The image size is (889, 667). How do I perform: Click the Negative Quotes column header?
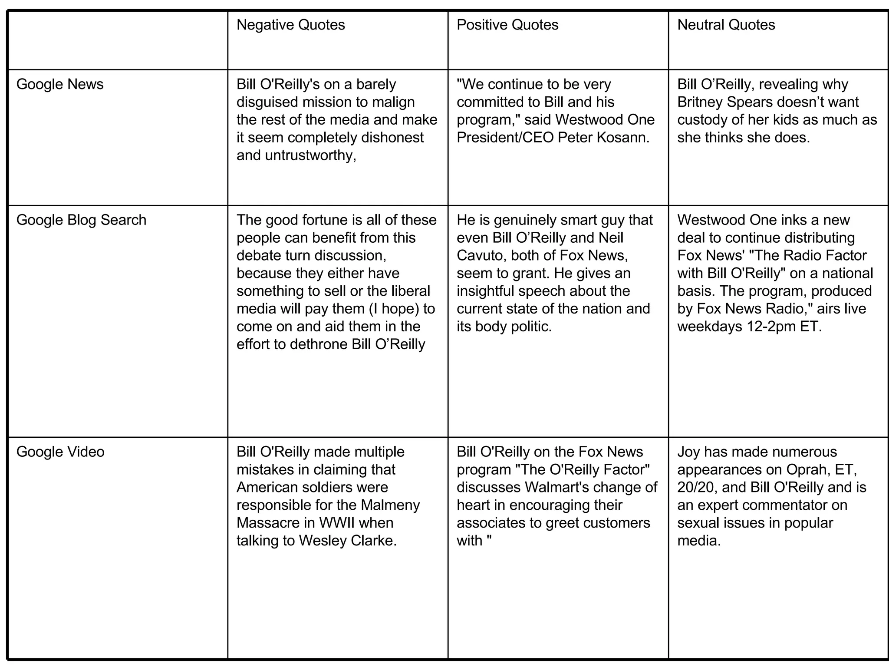pyautogui.click(x=290, y=25)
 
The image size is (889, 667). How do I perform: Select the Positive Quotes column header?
pyautogui.click(x=507, y=25)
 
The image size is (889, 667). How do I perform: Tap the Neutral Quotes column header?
pyautogui.click(x=726, y=25)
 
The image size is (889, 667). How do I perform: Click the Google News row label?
pyautogui.click(x=60, y=84)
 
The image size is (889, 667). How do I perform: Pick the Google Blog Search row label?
pyautogui.click(x=81, y=220)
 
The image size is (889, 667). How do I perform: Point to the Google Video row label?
pyautogui.click(x=60, y=452)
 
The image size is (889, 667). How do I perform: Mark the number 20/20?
pyautogui.click(x=697, y=488)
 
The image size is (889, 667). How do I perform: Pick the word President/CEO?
pyautogui.click(x=505, y=138)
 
